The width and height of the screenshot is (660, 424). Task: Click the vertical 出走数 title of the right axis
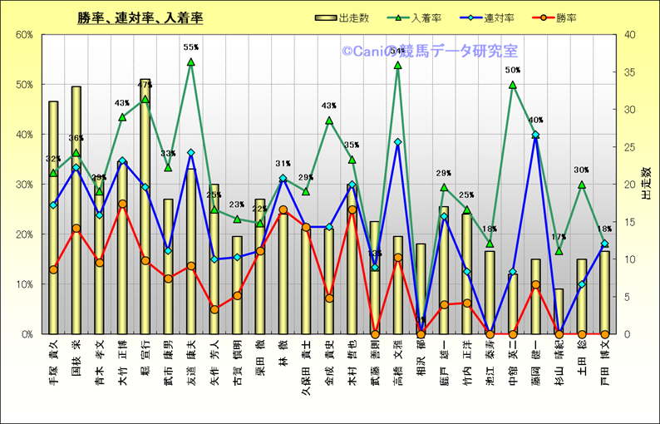tap(645, 184)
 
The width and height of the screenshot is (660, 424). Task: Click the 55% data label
tap(191, 48)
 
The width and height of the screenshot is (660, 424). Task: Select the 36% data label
tap(76, 139)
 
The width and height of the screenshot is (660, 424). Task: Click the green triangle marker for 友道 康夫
tap(191, 62)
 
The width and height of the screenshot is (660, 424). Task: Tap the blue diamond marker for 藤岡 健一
tap(535, 135)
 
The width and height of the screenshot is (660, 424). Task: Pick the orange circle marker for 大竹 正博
tap(122, 204)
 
